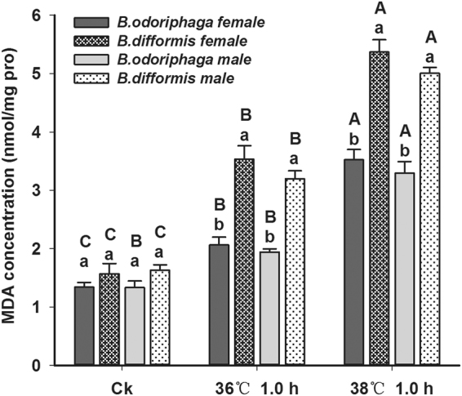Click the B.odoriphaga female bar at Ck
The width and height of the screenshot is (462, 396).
click(84, 326)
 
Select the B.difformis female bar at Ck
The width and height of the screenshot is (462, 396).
click(109, 319)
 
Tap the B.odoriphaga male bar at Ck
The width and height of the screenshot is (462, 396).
click(135, 326)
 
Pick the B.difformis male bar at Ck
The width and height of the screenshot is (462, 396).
click(160, 318)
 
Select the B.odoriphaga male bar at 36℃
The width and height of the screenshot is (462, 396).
click(269, 308)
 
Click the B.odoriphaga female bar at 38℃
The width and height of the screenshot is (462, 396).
click(353, 262)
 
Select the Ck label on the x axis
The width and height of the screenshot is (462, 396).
click(122, 384)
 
